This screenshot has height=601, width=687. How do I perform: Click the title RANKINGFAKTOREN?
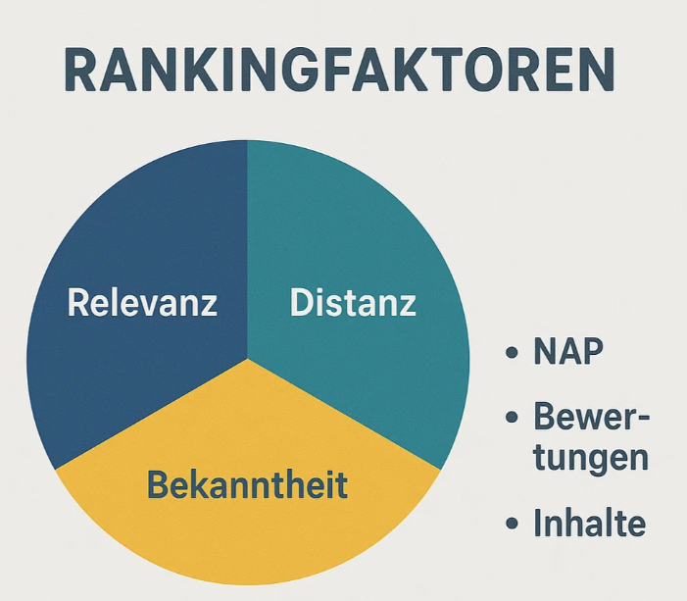click(x=339, y=71)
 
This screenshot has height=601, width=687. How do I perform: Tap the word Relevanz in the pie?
click(x=142, y=303)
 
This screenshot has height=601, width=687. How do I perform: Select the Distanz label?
click(x=353, y=303)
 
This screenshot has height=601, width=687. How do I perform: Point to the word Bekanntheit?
click(x=248, y=484)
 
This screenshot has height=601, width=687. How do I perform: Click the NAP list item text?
click(x=568, y=352)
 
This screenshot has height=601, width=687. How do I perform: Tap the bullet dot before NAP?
click(x=512, y=352)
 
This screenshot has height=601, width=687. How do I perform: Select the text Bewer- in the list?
click(x=591, y=417)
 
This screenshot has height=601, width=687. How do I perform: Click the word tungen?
click(x=591, y=457)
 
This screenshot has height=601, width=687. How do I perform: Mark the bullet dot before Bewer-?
click(x=512, y=417)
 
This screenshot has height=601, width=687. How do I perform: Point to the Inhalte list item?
click(x=590, y=523)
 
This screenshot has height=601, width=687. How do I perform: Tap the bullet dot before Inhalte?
click(x=512, y=523)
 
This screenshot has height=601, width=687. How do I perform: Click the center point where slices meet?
click(x=248, y=359)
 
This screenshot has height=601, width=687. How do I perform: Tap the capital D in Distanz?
click(x=302, y=302)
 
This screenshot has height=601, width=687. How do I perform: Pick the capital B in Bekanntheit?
click(x=159, y=484)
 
